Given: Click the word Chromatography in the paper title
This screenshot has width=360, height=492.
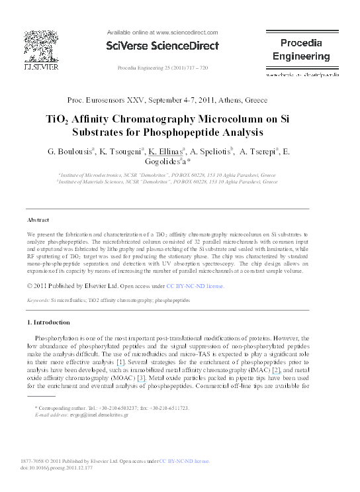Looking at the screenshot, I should pyautogui.click(x=183, y=120).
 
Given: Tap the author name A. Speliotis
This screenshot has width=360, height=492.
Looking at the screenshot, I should pyautogui.click(x=212, y=152).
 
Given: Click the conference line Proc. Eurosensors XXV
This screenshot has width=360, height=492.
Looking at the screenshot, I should pyautogui.click(x=167, y=100).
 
